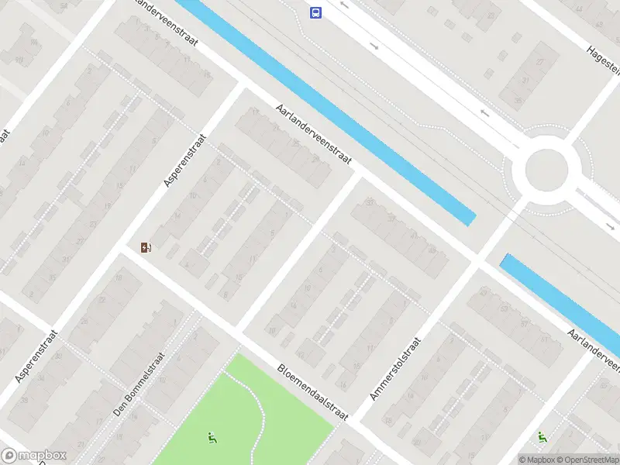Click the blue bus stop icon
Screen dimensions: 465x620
316,12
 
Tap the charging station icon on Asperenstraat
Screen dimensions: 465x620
146,248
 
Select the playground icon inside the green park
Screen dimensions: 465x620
212,438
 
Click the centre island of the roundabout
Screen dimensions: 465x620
546,167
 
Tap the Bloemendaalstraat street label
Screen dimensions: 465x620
314,392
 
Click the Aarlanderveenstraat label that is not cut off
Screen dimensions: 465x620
314,134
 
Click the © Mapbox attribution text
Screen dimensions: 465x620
536,460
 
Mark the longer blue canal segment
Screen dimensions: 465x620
325,108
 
